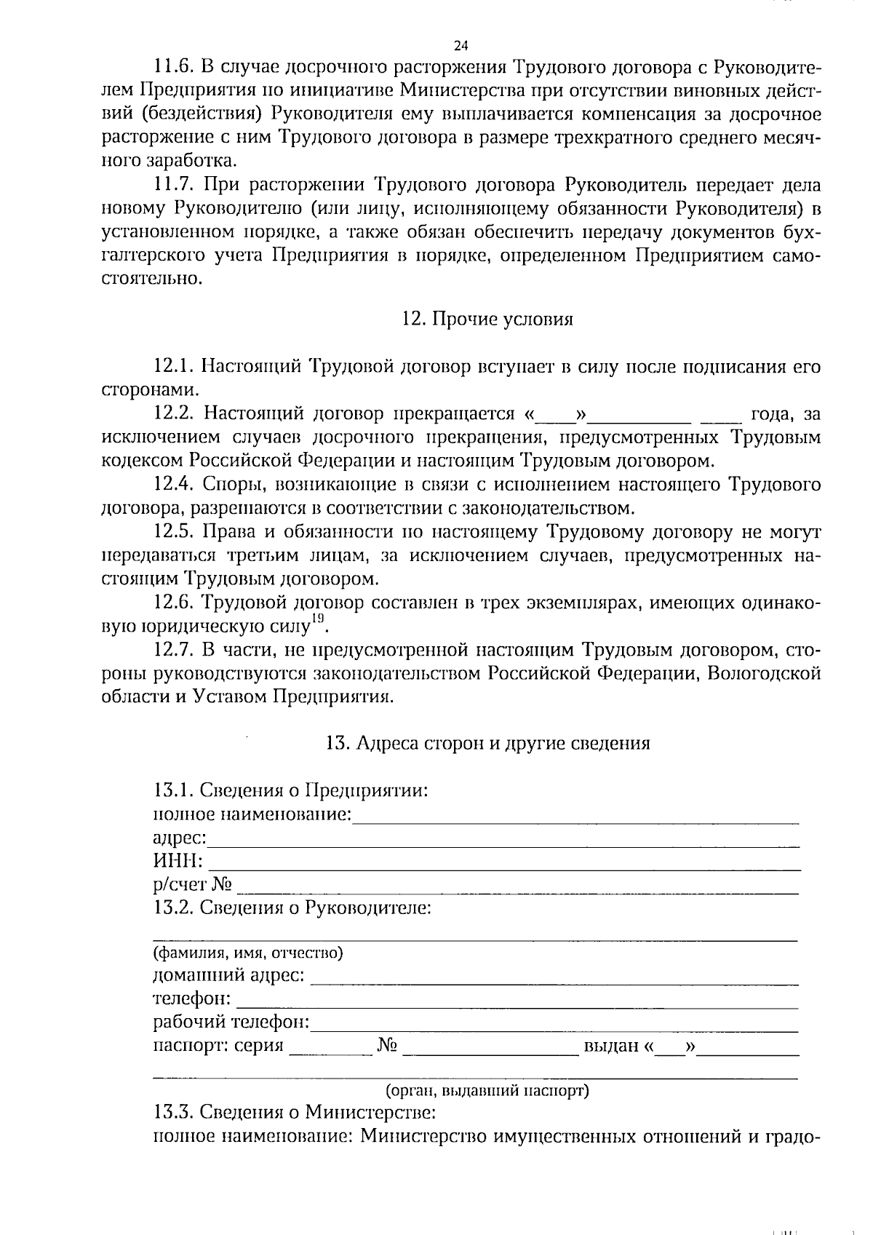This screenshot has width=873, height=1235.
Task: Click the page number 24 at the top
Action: pos(460,46)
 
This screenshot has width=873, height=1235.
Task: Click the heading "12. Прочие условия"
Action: pos(487,319)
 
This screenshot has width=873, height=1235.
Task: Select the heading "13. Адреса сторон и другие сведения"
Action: pos(487,744)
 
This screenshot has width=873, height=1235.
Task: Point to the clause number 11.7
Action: pos(172,186)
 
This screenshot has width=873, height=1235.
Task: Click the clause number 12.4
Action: pos(172,485)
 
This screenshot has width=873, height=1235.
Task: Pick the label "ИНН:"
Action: pos(178,862)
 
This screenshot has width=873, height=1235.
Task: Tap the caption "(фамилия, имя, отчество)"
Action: pos(248,953)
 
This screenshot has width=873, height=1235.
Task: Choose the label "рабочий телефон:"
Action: pos(231,1022)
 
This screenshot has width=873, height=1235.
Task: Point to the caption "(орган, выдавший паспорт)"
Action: pos(487,1091)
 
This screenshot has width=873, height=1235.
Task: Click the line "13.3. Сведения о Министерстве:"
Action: pos(295,1113)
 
